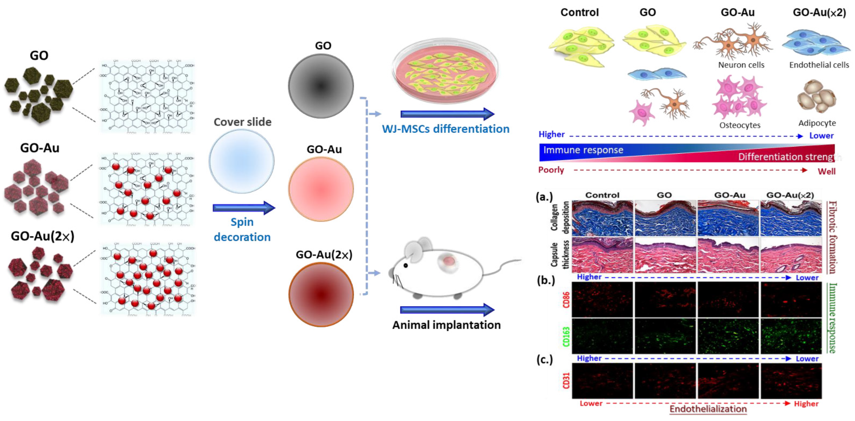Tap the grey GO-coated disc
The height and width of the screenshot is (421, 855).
(x=321, y=86)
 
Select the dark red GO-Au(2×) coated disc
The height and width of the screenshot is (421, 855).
(x=321, y=294)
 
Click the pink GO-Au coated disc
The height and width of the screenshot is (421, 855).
(x=321, y=189)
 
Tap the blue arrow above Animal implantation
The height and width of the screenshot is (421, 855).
(x=447, y=310)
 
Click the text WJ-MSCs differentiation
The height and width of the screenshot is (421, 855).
(x=445, y=129)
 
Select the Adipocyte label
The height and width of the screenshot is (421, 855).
(x=817, y=123)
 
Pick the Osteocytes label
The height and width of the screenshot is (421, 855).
(x=740, y=125)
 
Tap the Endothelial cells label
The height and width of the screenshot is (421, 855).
(x=819, y=65)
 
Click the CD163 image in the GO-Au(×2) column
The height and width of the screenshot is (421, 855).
(x=791, y=336)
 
